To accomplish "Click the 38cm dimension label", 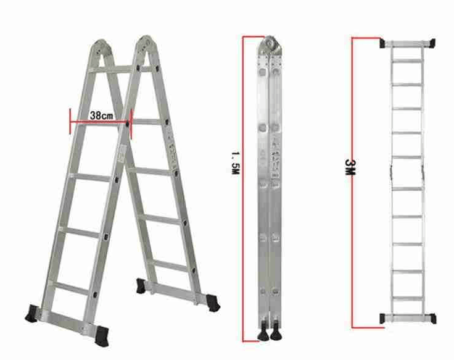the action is point(101,115).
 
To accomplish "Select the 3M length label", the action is point(350,167).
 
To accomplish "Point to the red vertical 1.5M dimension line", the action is point(243,188).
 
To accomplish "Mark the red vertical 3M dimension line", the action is point(352,183).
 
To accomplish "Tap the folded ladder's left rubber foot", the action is point(263,332).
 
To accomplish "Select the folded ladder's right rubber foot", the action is point(276,332).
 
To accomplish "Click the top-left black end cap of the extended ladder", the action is point(383,43).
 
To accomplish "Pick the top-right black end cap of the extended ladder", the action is point(432,43).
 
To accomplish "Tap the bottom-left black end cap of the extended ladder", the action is point(383,318).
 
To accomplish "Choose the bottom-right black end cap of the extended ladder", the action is point(432,319).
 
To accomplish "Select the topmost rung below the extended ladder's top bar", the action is point(407,61).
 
